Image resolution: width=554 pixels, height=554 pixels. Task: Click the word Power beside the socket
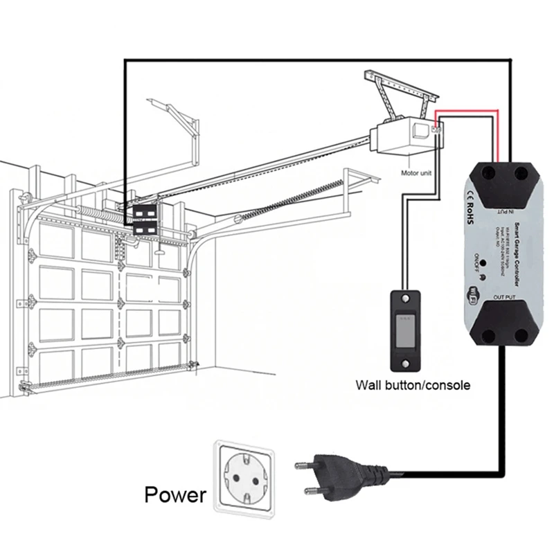[175, 494]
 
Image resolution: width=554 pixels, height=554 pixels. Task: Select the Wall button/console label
[413, 385]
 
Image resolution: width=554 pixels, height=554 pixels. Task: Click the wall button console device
[406, 330]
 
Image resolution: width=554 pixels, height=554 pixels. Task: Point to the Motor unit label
[417, 174]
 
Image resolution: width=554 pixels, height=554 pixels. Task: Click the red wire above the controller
[465, 109]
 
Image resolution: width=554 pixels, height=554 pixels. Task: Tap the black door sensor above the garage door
[145, 215]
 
